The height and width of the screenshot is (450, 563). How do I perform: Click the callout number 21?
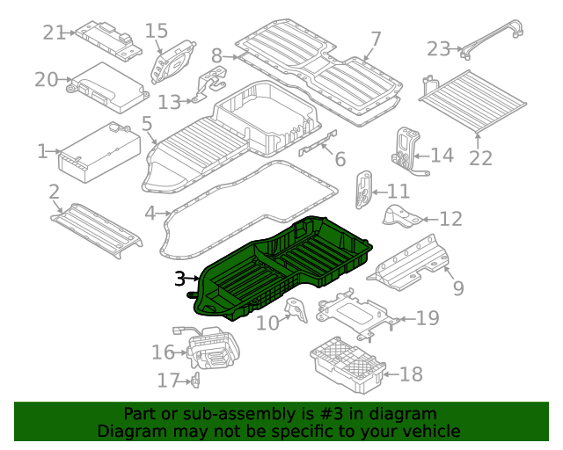tap(55, 33)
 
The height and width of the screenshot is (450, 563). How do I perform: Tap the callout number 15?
tap(156, 31)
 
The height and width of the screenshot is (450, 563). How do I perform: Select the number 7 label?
tap(376, 39)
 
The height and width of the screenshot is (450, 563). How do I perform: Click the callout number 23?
tap(438, 48)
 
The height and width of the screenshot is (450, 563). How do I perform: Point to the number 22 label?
tap(480, 158)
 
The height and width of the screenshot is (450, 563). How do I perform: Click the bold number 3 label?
tap(179, 279)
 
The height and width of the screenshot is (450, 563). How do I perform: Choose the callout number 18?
tap(411, 375)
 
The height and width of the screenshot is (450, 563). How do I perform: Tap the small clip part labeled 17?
tap(195, 380)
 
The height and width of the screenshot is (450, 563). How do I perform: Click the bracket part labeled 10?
tap(297, 312)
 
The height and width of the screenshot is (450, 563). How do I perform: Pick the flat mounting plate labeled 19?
tap(352, 314)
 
